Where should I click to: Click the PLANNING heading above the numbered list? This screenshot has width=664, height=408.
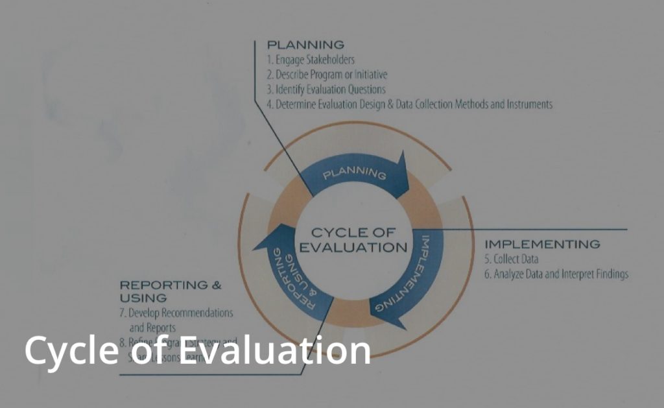(x=305, y=45)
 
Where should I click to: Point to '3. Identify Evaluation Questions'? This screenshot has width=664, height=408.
(x=327, y=90)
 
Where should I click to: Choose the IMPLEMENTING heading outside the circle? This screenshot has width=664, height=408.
(x=542, y=245)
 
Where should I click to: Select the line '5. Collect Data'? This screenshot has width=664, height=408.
(x=512, y=259)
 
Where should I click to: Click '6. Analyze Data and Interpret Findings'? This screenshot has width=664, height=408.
(x=556, y=274)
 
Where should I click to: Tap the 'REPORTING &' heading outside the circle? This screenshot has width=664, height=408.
(x=171, y=285)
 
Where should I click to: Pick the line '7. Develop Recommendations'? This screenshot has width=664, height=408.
(x=176, y=313)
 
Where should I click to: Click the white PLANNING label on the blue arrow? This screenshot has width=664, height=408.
(x=355, y=174)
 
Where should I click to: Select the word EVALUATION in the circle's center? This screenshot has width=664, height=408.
(x=353, y=247)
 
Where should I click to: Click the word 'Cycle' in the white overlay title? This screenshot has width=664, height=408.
(x=67, y=350)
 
